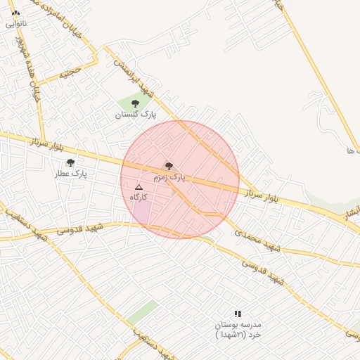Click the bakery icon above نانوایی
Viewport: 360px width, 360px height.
[16, 13]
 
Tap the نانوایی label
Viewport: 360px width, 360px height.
[15, 22]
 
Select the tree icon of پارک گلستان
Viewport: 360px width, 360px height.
[135, 103]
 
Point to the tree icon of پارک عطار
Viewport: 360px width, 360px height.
[70, 162]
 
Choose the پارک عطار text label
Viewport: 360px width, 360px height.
[70, 173]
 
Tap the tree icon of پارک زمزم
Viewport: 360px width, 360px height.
[169, 166]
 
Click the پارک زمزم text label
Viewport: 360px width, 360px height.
[169, 177]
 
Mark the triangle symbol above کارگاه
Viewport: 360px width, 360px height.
[139, 187]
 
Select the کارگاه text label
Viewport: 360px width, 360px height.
[138, 197]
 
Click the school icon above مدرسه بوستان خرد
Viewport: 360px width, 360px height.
[238, 314]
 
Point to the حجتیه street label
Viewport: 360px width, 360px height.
[70, 72]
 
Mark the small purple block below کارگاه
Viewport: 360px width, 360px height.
[141, 210]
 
